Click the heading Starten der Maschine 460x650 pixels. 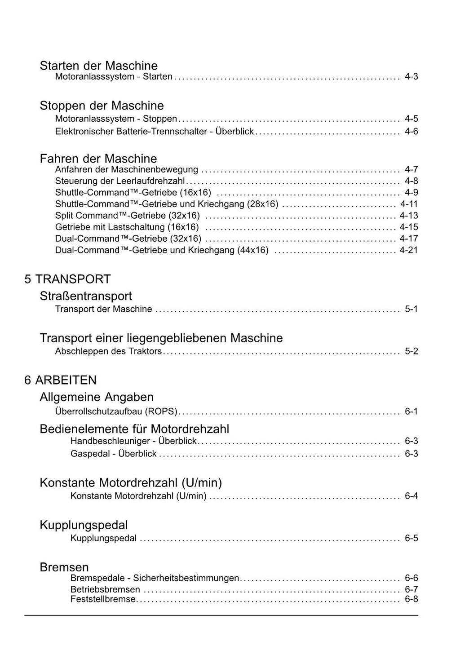[98, 66]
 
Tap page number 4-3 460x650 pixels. [411, 76]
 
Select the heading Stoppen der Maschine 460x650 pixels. [102, 106]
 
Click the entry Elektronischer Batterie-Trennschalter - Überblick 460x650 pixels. [154, 132]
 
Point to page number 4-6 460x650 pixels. [411, 132]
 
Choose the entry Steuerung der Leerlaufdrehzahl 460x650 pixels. [120, 181]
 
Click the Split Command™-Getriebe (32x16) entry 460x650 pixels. [127, 215]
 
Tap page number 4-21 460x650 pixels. [409, 250]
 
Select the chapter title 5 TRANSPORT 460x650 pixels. [67, 279]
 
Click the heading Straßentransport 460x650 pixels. [86, 296]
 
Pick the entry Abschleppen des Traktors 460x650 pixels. [108, 351]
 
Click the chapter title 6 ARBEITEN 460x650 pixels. [60, 380]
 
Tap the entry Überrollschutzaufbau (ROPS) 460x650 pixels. [116, 411]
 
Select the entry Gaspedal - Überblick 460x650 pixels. [113, 454]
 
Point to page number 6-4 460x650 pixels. [411, 496]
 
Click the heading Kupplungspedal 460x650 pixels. [84, 525]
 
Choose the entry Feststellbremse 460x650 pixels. [103, 599]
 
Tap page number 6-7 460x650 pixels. [411, 589]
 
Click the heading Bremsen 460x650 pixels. [64, 567]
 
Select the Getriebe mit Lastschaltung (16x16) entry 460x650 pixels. [127, 227]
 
